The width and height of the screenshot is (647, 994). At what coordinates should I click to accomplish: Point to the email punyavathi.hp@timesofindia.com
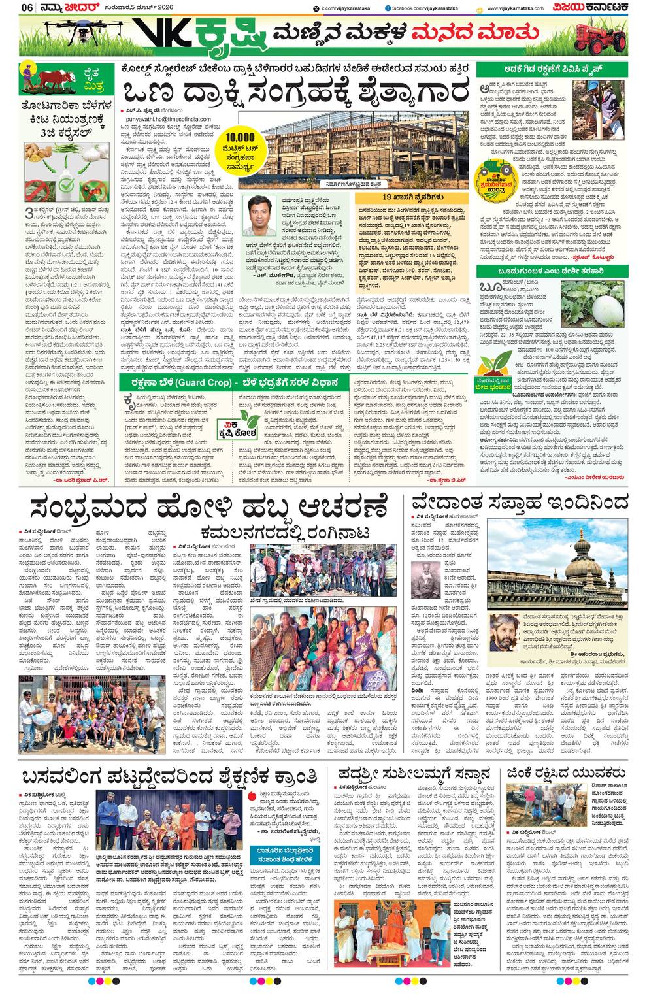pos(165,119)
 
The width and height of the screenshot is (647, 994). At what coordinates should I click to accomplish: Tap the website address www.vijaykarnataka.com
pos(516,8)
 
